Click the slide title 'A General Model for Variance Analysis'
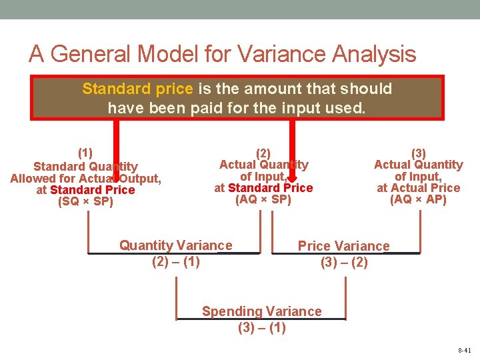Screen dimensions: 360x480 222,54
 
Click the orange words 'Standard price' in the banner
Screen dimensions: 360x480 137,89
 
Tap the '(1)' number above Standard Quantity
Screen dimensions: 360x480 85,152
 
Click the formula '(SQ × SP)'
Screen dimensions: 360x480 85,201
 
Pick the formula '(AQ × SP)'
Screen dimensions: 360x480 263,199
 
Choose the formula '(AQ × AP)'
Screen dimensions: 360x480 418,199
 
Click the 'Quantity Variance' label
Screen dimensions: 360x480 176,245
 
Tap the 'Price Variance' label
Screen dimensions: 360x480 343,246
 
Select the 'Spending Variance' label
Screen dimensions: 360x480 261,311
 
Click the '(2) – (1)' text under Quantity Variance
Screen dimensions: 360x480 176,261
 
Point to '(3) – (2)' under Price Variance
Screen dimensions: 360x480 343,262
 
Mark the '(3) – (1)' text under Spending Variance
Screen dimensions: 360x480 261,327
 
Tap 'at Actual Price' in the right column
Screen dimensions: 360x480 418,188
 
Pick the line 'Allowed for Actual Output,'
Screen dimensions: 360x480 85,178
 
